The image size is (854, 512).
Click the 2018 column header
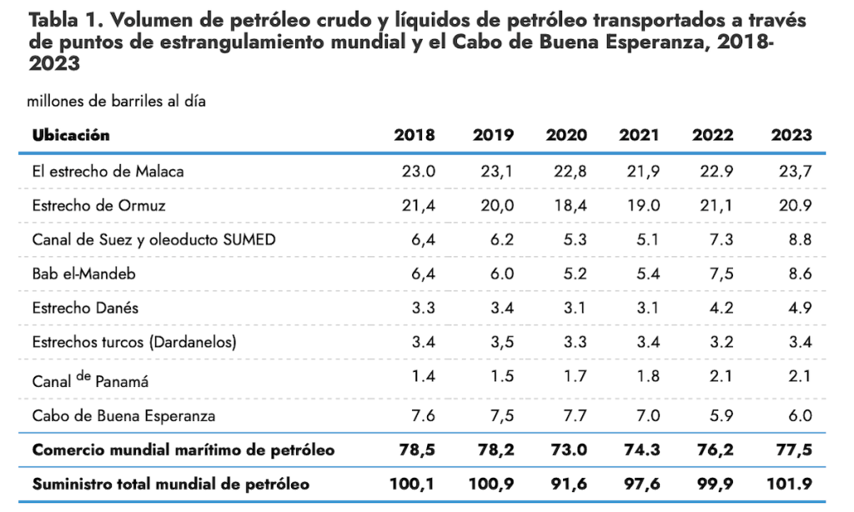coord(414,135)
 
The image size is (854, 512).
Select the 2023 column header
coord(791,135)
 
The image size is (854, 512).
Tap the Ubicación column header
coord(71,135)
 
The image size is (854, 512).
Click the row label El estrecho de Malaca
coord(108,172)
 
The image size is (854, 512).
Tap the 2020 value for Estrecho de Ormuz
coord(571,206)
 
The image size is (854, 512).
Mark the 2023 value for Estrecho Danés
coord(797,308)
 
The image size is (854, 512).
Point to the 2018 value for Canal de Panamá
coord(423,376)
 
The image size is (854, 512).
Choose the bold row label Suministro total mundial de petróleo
coord(170,484)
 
